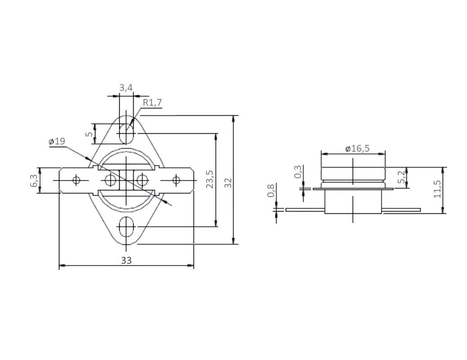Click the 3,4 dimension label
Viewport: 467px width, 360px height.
126,88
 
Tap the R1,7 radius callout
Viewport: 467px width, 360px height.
152,103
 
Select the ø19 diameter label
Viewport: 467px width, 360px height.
57,141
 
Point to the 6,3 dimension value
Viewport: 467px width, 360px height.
35,180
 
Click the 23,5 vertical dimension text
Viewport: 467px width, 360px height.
210,179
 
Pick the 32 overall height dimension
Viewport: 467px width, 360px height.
228,183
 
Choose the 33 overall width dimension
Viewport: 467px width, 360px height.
126,261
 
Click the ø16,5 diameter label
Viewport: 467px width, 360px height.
357,148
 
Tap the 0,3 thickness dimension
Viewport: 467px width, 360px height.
298,172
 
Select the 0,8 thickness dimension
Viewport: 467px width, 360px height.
271,190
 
